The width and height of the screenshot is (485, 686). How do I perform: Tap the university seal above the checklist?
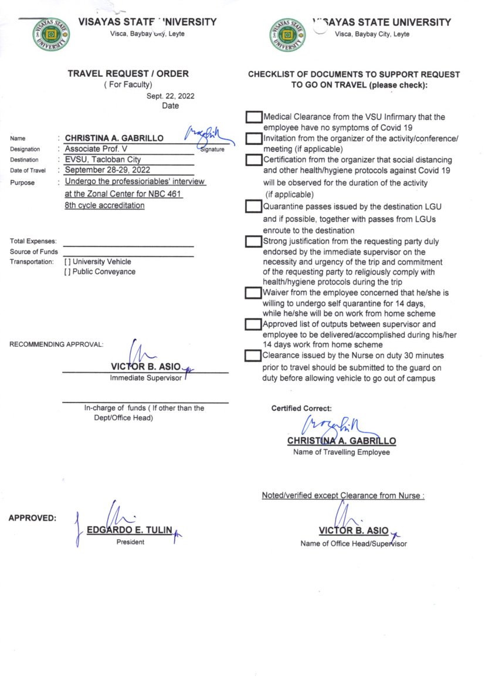point(288,35)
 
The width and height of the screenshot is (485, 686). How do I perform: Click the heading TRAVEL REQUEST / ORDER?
point(128,73)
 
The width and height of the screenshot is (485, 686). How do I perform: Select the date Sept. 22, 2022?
point(170,96)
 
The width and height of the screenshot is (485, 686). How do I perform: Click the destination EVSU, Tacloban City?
point(103,159)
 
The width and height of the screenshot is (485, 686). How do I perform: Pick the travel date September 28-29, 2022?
point(107,170)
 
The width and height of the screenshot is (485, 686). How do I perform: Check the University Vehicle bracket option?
point(68,262)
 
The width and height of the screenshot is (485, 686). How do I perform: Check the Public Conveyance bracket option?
point(68,272)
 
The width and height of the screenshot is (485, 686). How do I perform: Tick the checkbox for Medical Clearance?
point(253,117)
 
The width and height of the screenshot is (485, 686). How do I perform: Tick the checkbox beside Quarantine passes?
point(253,207)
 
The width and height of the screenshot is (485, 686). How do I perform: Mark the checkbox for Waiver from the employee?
point(253,292)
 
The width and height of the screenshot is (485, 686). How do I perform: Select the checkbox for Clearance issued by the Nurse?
point(253,356)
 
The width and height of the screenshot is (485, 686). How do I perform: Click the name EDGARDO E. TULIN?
point(130,530)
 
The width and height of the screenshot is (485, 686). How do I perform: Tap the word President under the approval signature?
point(130,542)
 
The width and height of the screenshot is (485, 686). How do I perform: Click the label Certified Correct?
point(301,408)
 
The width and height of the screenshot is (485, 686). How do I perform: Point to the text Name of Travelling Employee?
point(341,452)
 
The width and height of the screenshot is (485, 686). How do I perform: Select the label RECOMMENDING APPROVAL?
point(56,344)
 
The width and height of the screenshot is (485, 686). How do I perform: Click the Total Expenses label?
point(33,241)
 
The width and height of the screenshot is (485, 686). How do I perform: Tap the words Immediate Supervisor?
point(145,378)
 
